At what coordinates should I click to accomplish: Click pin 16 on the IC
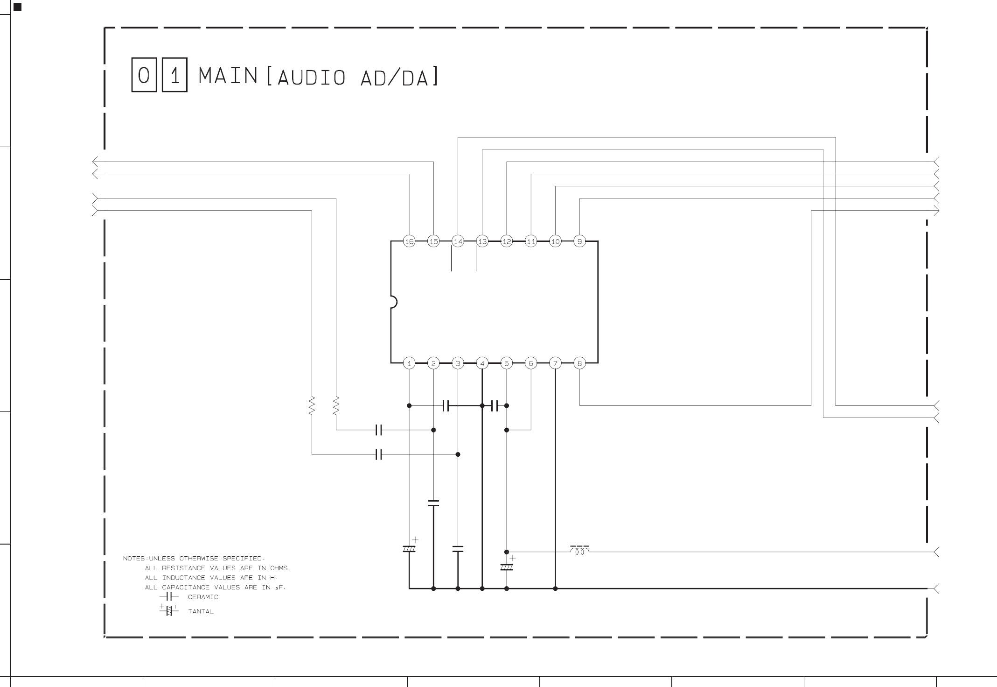coord(409,241)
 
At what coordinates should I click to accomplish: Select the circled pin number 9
coord(579,241)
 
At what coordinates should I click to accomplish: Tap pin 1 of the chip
coord(409,363)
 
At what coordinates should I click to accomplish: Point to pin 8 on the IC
coord(579,363)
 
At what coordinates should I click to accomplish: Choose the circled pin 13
coord(482,241)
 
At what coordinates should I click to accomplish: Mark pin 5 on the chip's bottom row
coord(507,363)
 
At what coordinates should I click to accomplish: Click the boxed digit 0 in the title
coord(144,75)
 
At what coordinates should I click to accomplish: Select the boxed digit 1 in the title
coord(174,75)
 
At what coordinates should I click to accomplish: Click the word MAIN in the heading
coord(228,76)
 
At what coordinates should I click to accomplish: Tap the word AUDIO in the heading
coord(311,78)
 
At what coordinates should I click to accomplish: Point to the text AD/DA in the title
coord(394,78)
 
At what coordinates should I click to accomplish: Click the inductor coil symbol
coord(579,551)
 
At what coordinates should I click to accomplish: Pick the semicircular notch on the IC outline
coord(393,302)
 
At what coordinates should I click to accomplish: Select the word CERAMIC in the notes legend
coord(203,597)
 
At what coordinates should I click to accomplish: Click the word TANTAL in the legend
coord(201,611)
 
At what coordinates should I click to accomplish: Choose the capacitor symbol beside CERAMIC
coord(169,597)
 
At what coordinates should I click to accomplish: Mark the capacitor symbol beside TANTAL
coord(169,610)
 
